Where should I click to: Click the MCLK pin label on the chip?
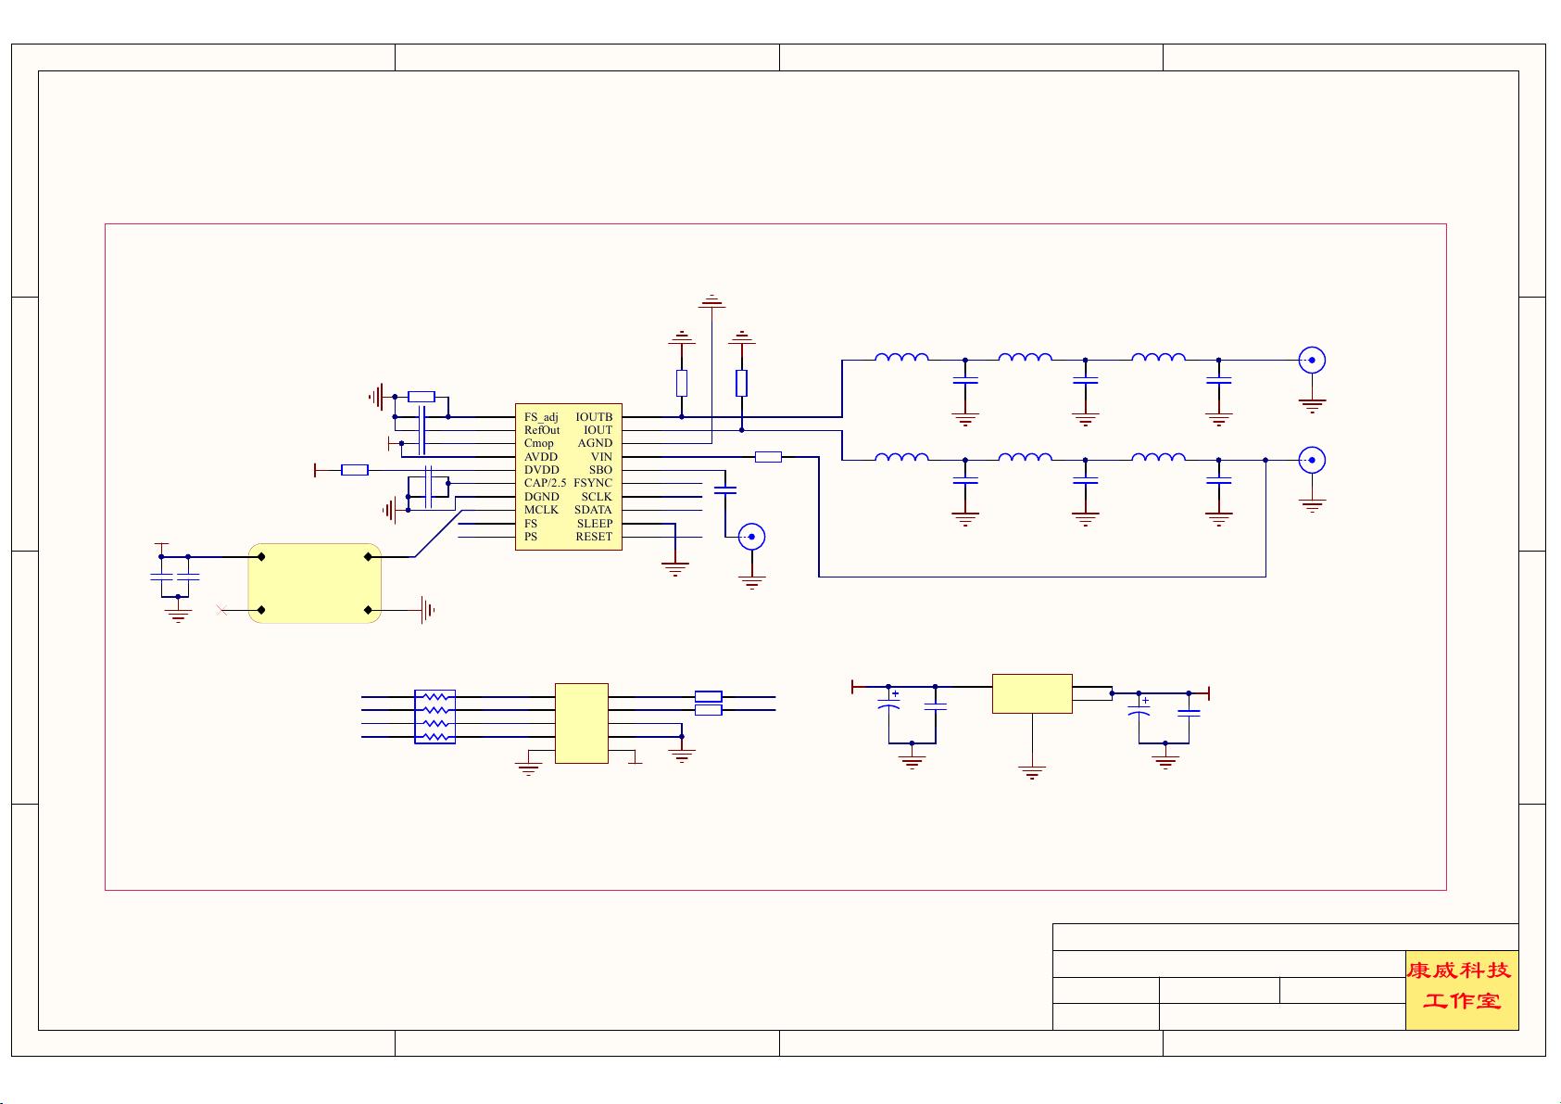(541, 510)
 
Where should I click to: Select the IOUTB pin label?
(594, 417)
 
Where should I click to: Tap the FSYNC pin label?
(593, 483)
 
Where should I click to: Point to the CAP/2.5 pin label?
(545, 483)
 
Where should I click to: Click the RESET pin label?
(594, 537)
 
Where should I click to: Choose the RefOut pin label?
(542, 430)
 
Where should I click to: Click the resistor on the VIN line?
(768, 457)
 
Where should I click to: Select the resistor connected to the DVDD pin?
(355, 471)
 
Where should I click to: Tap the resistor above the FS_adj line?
(422, 397)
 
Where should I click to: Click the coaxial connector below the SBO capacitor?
(751, 537)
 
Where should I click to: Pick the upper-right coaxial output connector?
(1312, 360)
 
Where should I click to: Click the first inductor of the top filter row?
(901, 358)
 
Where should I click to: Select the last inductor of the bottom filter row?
(1158, 457)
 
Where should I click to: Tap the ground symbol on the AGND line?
(711, 301)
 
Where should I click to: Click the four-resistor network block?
(434, 717)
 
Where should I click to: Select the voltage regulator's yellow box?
(1032, 693)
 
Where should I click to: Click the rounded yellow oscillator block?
(315, 583)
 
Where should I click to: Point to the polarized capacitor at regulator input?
(888, 706)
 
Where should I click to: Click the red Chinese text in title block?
(1461, 986)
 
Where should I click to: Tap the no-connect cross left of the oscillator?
(220, 610)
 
